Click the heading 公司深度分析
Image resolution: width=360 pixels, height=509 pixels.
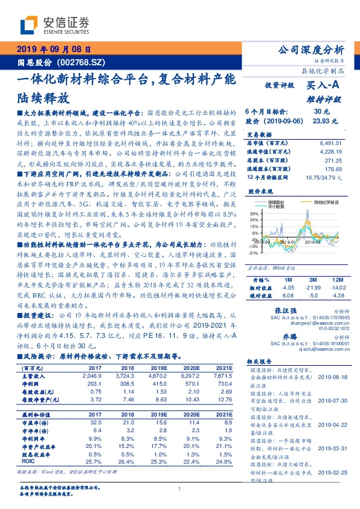tap(310, 50)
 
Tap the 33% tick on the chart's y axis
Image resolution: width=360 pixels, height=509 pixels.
tap(254, 213)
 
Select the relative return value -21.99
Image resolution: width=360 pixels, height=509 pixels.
tap(313, 288)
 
